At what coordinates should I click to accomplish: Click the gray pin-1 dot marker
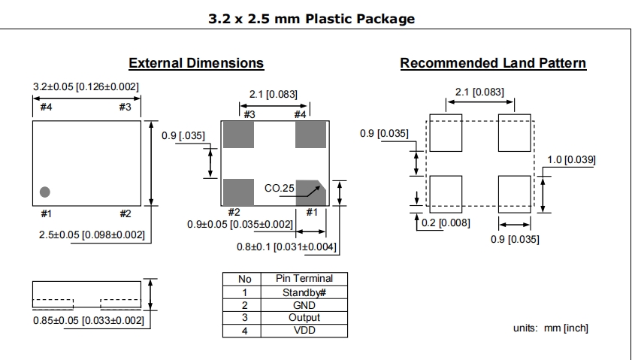(x=45, y=192)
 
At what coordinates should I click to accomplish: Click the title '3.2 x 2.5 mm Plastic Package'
(x=312, y=19)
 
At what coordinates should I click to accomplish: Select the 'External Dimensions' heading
(x=196, y=63)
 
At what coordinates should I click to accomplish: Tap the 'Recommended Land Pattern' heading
(x=493, y=63)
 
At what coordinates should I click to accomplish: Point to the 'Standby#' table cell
(x=304, y=292)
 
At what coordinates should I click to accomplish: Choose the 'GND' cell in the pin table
(x=304, y=305)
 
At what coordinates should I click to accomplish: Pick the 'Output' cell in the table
(x=304, y=318)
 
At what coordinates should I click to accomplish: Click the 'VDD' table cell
(x=304, y=331)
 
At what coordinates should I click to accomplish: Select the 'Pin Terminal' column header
(x=304, y=279)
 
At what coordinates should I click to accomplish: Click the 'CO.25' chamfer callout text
(x=280, y=188)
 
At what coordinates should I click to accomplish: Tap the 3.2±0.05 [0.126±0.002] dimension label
(x=86, y=86)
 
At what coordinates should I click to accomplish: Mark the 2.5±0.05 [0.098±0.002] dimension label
(x=92, y=234)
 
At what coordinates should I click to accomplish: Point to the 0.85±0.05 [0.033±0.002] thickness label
(x=88, y=320)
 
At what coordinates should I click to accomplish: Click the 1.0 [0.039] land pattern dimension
(x=571, y=159)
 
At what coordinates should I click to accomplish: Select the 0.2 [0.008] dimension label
(x=446, y=223)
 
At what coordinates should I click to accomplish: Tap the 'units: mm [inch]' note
(x=551, y=328)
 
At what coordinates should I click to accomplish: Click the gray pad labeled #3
(x=239, y=135)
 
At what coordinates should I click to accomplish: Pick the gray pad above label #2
(x=239, y=192)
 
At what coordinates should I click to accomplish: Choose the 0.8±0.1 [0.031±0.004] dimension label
(x=286, y=247)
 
